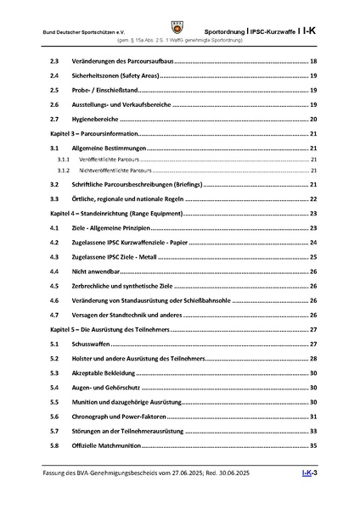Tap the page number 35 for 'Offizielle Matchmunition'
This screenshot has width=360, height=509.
(313, 445)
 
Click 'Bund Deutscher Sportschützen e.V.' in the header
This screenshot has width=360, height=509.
(79, 31)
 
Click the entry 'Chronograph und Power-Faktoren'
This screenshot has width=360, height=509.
(122, 417)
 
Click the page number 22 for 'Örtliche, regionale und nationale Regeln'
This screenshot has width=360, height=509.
(313, 199)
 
